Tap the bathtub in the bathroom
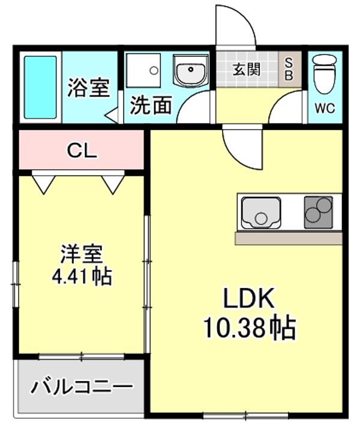(x=41, y=87)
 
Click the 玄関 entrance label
(x=247, y=68)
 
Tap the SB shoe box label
(x=289, y=68)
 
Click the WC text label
(x=325, y=109)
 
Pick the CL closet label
(x=82, y=151)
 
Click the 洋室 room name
(x=81, y=254)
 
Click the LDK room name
(x=248, y=298)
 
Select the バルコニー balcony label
(x=82, y=386)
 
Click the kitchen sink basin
(x=260, y=214)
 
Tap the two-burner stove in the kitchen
(x=318, y=212)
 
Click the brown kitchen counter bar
(x=289, y=238)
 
